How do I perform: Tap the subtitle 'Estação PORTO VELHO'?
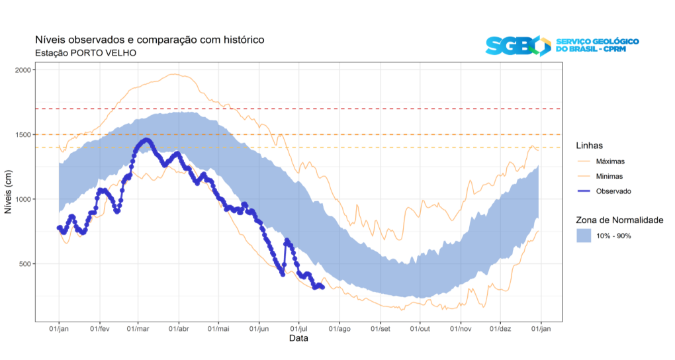[85, 53]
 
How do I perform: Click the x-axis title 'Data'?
[298, 338]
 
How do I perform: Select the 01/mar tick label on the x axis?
[138, 328]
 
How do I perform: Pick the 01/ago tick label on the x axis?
[339, 328]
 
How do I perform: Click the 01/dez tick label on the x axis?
[500, 328]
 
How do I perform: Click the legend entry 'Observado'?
[613, 191]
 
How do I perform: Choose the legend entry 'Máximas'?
[610, 161]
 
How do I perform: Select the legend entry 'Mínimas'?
[609, 177]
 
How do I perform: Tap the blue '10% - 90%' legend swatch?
[583, 236]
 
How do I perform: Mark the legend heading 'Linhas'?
[589, 146]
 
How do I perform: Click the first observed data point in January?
[59, 228]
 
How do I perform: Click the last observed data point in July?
[322, 287]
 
